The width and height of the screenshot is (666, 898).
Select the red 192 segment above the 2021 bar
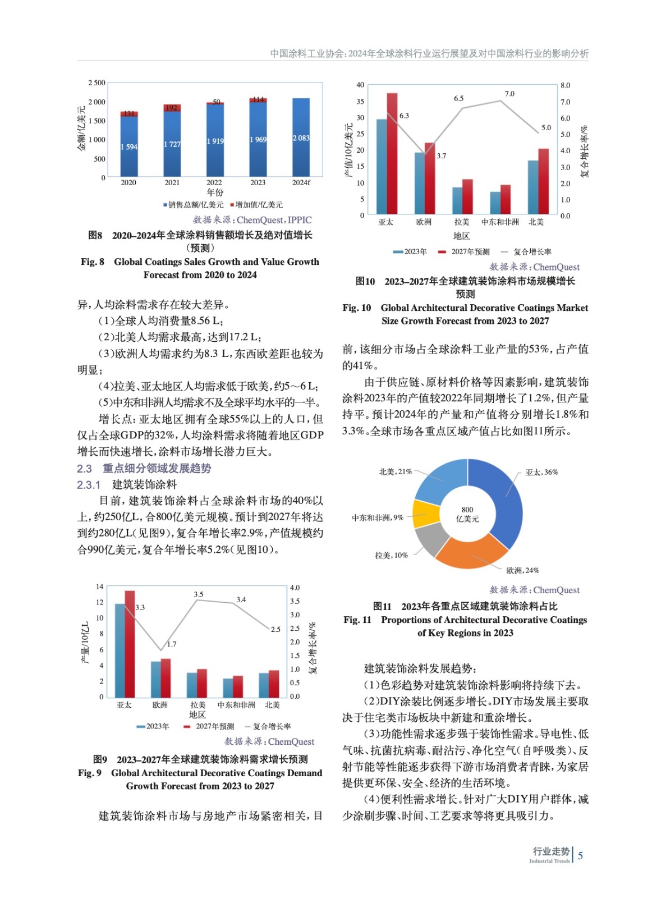pyautogui.click(x=172, y=108)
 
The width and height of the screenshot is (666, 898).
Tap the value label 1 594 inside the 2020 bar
pyautogui.click(x=128, y=147)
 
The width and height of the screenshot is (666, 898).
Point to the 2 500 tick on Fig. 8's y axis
pyautogui.click(x=97, y=83)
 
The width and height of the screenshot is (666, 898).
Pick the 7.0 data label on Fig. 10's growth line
pyautogui.click(x=509, y=94)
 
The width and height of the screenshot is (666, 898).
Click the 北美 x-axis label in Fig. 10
pyautogui.click(x=536, y=222)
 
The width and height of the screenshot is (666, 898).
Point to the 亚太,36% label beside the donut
pyautogui.click(x=541, y=473)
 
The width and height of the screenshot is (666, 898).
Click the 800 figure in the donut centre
pyautogui.click(x=467, y=510)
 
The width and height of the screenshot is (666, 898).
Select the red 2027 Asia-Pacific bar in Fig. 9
pyautogui.click(x=130, y=643)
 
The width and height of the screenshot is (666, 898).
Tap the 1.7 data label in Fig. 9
pyautogui.click(x=171, y=644)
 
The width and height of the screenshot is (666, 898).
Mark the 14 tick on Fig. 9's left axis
pyautogui.click(x=99, y=587)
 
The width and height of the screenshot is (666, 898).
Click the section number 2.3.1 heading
pyautogui.click(x=89, y=485)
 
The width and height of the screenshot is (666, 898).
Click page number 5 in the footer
pyautogui.click(x=580, y=855)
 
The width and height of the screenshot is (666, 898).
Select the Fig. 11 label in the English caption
pyautogui.click(x=357, y=620)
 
